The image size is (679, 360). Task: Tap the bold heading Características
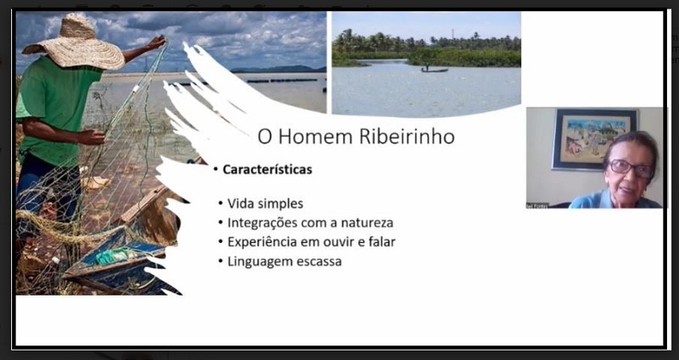(x=267, y=170)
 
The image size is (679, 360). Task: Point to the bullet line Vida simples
(x=265, y=204)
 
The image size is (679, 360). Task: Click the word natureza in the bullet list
(x=365, y=222)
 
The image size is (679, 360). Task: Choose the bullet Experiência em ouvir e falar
(x=311, y=241)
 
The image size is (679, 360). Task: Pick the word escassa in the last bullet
(x=318, y=261)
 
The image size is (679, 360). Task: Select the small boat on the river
(x=434, y=70)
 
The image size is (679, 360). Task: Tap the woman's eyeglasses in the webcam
(x=630, y=167)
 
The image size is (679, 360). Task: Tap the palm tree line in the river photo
(x=424, y=42)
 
